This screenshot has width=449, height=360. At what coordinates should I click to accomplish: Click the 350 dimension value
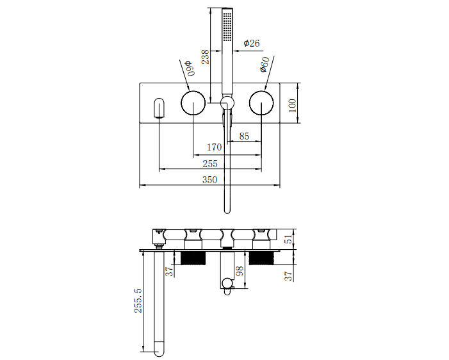[209, 180]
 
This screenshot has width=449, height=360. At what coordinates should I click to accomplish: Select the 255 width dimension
[209, 164]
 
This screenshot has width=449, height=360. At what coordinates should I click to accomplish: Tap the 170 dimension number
[215, 148]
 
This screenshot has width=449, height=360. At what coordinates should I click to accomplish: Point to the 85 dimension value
[244, 136]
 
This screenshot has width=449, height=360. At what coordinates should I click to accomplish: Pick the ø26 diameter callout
[252, 44]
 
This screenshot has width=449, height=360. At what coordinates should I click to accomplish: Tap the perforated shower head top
[227, 26]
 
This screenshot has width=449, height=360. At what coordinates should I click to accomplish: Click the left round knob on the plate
[193, 102]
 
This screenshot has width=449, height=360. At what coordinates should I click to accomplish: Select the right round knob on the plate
[261, 102]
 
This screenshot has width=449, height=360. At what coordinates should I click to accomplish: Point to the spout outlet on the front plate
[159, 108]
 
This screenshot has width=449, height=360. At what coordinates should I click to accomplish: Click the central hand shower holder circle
[227, 102]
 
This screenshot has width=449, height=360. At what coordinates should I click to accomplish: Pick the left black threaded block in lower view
[192, 258]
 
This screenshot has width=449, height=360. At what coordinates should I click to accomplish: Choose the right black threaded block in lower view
[261, 258]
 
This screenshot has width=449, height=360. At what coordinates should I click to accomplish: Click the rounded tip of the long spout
[159, 349]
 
